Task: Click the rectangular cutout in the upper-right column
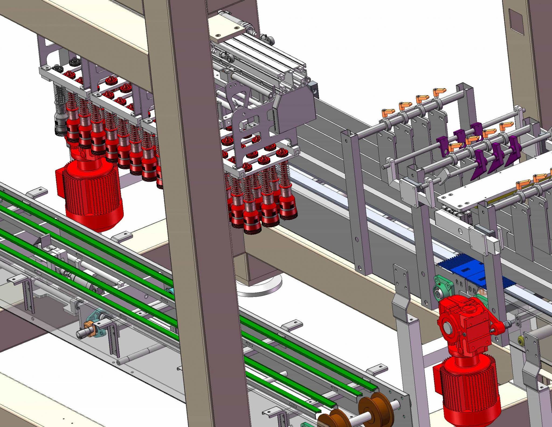[516, 26]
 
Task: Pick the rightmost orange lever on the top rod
[439, 92]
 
